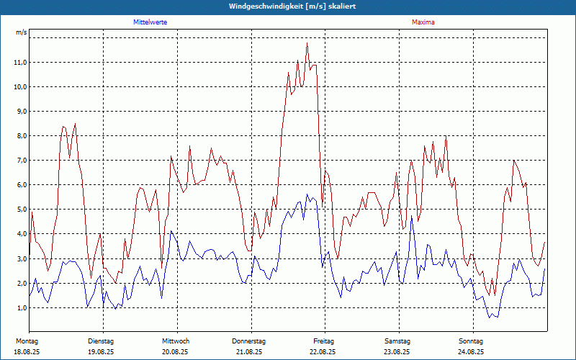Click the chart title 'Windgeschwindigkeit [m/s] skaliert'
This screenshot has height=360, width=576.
(292, 6)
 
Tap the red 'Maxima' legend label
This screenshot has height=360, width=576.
(423, 22)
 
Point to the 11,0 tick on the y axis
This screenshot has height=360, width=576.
(20, 63)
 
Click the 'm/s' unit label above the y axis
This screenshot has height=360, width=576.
(22, 33)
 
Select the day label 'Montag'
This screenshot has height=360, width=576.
(27, 341)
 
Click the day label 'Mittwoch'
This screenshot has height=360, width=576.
(176, 341)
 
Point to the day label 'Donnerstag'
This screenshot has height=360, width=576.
(249, 341)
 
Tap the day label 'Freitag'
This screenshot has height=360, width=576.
(324, 341)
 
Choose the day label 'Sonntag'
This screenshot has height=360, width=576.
(470, 341)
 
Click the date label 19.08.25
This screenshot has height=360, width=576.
(101, 352)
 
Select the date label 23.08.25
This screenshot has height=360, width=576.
(397, 352)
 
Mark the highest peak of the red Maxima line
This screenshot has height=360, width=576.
(307, 43)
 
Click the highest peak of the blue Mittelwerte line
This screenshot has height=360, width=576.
(307, 194)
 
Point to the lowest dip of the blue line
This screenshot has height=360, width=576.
(490, 318)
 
